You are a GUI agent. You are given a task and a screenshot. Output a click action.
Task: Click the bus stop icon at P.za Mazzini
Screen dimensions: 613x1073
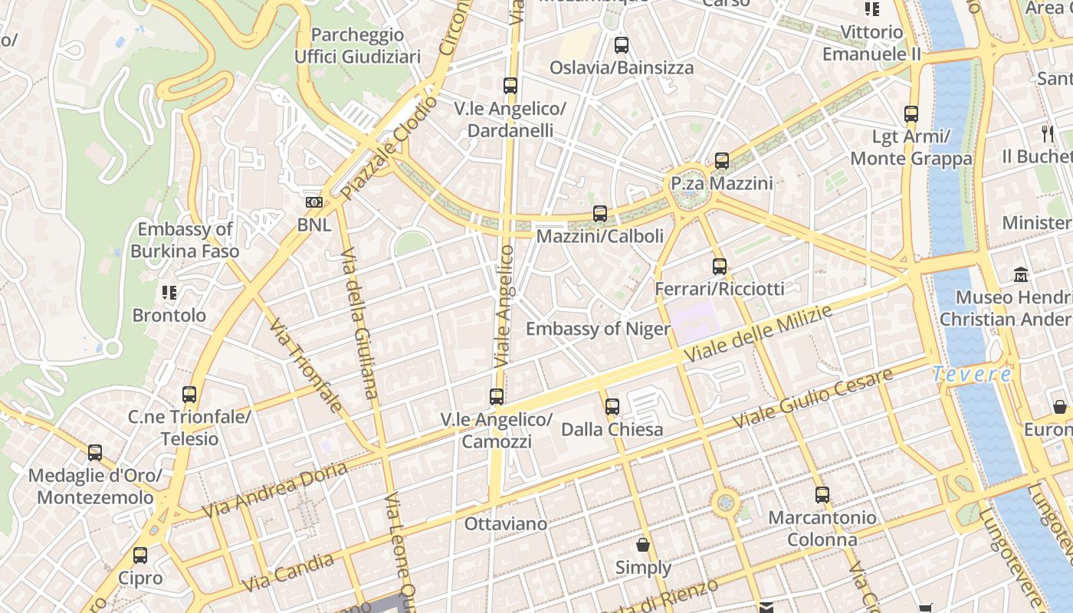pyautogui.click(x=722, y=161)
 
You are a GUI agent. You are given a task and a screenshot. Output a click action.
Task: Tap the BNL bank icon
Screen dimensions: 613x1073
pyautogui.click(x=314, y=202)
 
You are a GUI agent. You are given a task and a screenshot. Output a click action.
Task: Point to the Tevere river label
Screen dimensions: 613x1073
pyautogui.click(x=972, y=374)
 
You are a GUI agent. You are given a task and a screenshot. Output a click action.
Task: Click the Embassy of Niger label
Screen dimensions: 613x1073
pyautogui.click(x=598, y=329)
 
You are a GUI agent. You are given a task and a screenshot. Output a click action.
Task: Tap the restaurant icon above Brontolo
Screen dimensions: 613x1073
pyautogui.click(x=169, y=293)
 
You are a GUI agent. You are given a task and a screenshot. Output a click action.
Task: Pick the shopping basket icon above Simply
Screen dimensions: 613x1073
pyautogui.click(x=643, y=545)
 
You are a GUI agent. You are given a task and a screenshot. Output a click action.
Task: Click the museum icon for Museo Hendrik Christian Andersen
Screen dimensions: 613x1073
pyautogui.click(x=1021, y=274)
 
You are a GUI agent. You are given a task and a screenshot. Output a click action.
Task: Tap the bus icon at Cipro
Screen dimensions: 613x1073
pyautogui.click(x=140, y=556)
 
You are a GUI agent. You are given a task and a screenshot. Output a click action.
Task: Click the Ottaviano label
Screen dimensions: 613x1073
pyautogui.click(x=506, y=524)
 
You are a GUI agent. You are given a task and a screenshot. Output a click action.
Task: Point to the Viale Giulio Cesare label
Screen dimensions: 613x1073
pyautogui.click(x=812, y=398)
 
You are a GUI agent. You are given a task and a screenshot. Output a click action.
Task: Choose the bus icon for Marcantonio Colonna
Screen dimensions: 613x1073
pyautogui.click(x=822, y=495)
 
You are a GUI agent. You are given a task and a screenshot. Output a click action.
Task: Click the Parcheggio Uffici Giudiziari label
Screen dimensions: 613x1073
pyautogui.click(x=358, y=46)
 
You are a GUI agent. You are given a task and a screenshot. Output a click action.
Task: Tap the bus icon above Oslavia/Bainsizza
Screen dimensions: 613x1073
pyautogui.click(x=622, y=45)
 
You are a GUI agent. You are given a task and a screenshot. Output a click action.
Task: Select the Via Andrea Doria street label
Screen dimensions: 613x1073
pyautogui.click(x=274, y=490)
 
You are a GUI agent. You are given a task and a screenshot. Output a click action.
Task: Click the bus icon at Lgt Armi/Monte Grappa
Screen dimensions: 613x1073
pyautogui.click(x=911, y=114)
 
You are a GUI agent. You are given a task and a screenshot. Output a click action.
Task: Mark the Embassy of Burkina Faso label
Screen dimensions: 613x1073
pyautogui.click(x=185, y=240)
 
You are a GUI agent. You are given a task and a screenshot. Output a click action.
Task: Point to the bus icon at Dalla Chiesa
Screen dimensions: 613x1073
pyautogui.click(x=612, y=407)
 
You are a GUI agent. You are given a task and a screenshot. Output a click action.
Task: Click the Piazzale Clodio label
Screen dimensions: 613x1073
pyautogui.click(x=390, y=148)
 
